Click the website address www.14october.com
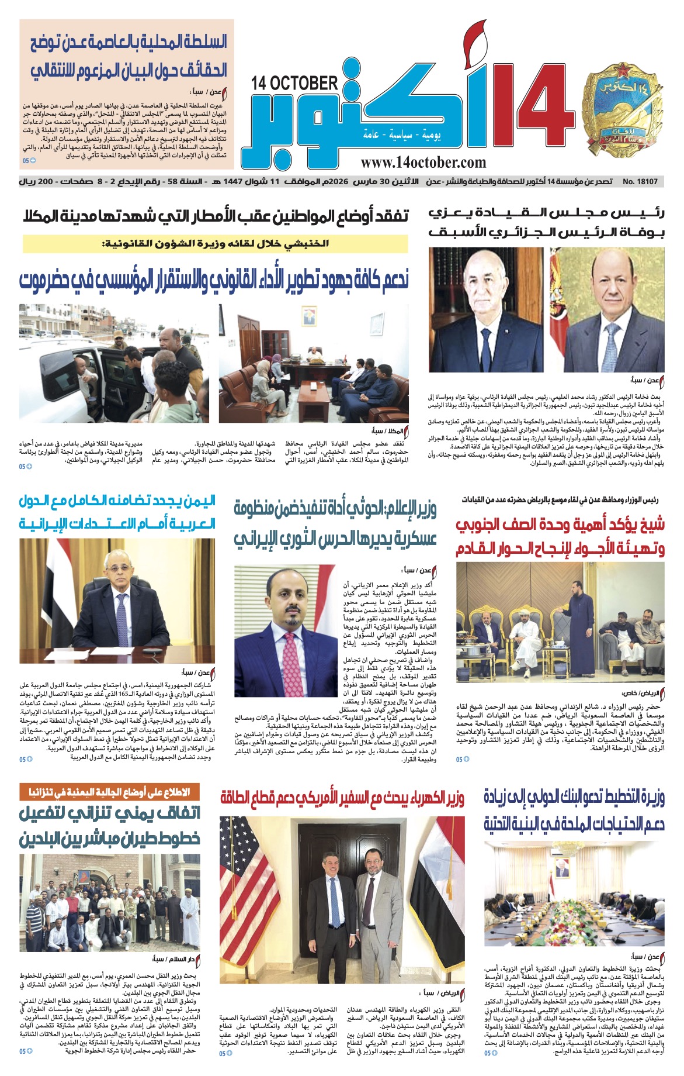pos(423,163)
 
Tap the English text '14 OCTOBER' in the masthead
pos(295,83)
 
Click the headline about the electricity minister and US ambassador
pos(342,799)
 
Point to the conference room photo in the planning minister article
pos(574,895)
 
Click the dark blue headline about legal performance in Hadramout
pos(215,280)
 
